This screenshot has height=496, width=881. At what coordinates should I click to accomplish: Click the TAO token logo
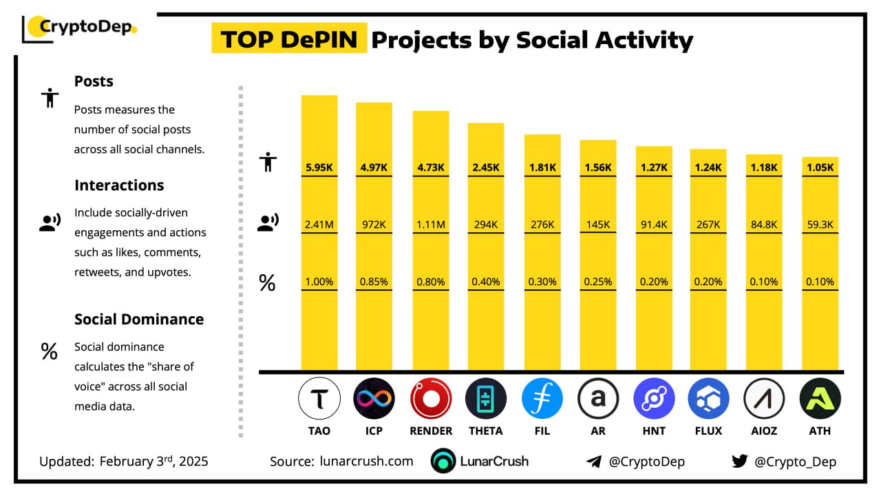pyautogui.click(x=319, y=398)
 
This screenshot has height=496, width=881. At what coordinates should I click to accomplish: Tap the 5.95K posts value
pyautogui.click(x=319, y=167)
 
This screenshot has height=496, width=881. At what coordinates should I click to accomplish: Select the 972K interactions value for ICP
pyautogui.click(x=374, y=224)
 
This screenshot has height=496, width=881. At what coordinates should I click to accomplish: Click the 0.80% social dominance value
pyautogui.click(x=431, y=282)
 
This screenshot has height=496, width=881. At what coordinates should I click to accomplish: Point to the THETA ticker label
pyautogui.click(x=485, y=431)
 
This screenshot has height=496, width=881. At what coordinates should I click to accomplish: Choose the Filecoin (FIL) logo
pyautogui.click(x=542, y=398)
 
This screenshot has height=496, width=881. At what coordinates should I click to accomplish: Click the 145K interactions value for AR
pyautogui.click(x=598, y=224)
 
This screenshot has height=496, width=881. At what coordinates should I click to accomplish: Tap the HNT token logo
pyautogui.click(x=654, y=398)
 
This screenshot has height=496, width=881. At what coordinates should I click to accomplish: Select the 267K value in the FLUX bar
pyautogui.click(x=708, y=224)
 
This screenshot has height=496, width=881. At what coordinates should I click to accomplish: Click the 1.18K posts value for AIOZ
pyautogui.click(x=764, y=167)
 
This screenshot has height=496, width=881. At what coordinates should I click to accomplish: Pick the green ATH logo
pyautogui.click(x=820, y=398)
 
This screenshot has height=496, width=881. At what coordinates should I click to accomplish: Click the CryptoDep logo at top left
pyautogui.click(x=80, y=28)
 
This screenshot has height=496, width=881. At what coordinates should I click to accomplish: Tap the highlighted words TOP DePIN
pyautogui.click(x=289, y=40)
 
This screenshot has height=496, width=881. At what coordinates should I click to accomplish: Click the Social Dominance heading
pyautogui.click(x=139, y=319)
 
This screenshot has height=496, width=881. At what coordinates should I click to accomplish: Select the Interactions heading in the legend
pyautogui.click(x=119, y=185)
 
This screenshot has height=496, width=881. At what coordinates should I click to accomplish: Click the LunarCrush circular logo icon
pyautogui.click(x=443, y=462)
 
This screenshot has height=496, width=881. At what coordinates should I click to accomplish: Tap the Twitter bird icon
pyautogui.click(x=740, y=462)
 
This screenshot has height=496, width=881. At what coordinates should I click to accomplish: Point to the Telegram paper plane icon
pyautogui.click(x=594, y=462)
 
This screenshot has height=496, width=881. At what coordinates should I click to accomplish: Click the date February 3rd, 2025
pyautogui.click(x=153, y=462)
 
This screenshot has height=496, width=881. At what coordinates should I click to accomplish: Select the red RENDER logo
pyautogui.click(x=431, y=398)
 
